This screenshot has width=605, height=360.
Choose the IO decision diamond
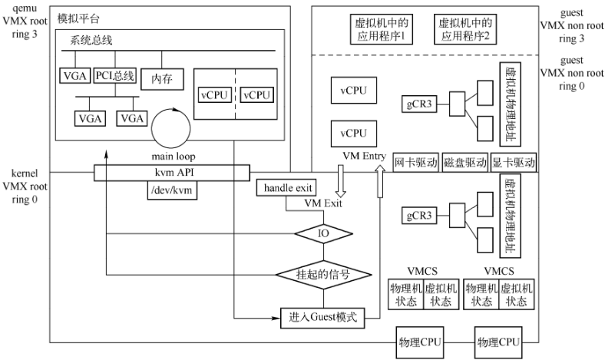tap(323, 232)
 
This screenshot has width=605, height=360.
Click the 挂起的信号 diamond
tap(323, 272)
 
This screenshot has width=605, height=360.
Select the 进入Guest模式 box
tap(323, 317)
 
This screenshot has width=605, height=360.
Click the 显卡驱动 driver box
tap(513, 163)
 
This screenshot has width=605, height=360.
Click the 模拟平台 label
tap(78, 16)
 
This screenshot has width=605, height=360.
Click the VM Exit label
tap(322, 205)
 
